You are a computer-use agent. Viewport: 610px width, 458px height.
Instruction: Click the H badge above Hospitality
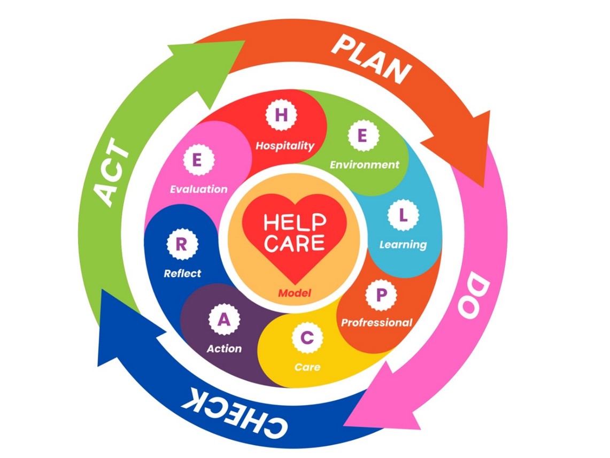(281, 115)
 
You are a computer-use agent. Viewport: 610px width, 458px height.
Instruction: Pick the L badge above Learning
(403, 215)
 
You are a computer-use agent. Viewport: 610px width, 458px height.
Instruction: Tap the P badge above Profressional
(381, 295)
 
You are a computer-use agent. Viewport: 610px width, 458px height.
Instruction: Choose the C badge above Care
(307, 338)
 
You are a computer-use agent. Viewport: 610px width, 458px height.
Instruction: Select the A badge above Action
(224, 320)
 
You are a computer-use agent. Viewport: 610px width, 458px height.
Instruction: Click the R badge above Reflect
(182, 245)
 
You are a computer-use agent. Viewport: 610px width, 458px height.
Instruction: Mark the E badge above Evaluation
(198, 160)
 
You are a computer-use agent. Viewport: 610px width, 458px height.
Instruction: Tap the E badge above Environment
(362, 135)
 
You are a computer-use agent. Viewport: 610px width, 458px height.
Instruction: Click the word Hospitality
(285, 146)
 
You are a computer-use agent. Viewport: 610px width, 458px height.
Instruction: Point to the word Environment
(365, 165)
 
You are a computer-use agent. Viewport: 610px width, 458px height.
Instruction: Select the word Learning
(403, 245)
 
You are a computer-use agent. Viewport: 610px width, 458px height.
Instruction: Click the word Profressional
(376, 323)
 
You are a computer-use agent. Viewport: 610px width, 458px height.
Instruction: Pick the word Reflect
(182, 273)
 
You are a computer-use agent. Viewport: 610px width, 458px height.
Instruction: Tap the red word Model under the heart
(295, 293)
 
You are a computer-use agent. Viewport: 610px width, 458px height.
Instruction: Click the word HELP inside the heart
(295, 223)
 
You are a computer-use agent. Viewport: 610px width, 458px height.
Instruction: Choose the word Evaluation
(199, 189)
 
